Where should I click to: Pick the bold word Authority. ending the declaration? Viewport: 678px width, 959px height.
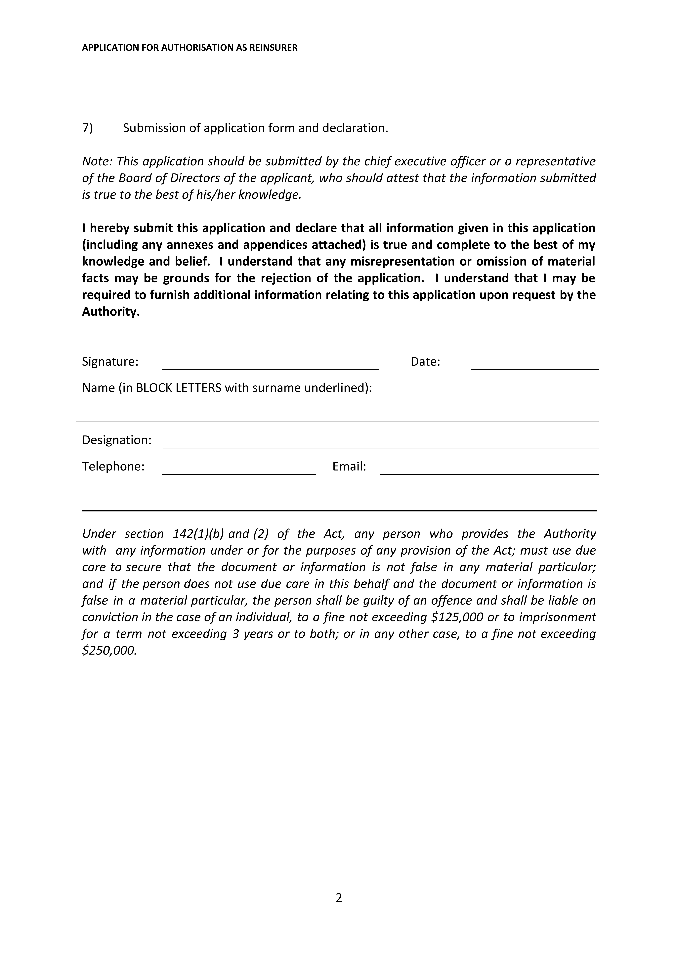tap(111, 312)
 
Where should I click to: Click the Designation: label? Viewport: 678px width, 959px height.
tap(117, 440)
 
